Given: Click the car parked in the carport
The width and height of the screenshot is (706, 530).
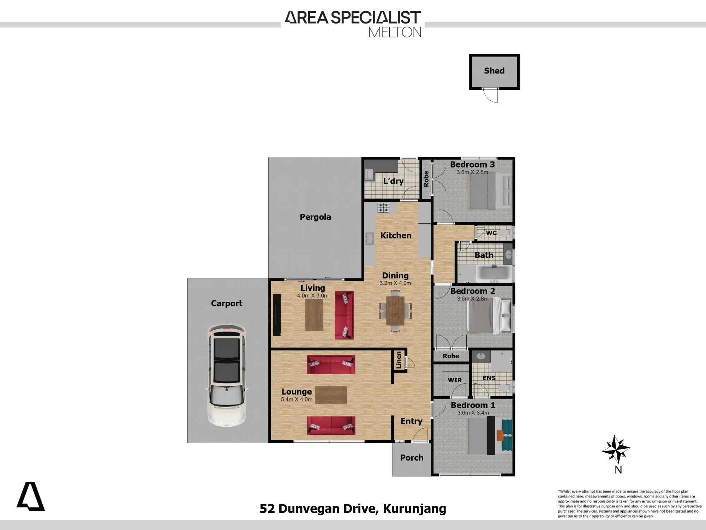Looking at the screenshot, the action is pos(227,375).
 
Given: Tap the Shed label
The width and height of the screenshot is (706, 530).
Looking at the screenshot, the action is pos(494,71).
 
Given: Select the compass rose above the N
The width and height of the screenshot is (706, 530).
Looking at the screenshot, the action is pos(616,449).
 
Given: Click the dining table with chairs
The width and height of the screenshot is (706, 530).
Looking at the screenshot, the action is pos(395,311).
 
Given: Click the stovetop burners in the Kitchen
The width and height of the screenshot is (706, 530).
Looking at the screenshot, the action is pos(383,208).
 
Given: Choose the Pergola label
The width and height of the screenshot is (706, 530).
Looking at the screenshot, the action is pos(315,217).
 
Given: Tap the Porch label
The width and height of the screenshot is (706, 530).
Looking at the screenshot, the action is pos(412,458).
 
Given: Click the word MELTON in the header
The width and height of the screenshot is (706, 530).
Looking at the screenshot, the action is pos(395,33).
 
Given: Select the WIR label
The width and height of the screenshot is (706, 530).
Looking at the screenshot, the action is pos(455,380).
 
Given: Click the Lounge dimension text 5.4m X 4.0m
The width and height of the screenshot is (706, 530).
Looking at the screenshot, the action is pos(297,399).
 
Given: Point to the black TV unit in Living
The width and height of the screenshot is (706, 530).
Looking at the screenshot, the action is pos(277,315).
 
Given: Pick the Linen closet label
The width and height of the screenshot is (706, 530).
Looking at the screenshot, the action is pos(399,360).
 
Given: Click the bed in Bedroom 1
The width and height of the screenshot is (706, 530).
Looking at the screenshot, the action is pos(490,436).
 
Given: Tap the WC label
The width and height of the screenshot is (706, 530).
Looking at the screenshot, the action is pos(491,233).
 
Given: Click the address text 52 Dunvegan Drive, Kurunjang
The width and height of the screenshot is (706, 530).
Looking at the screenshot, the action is pos(353,509).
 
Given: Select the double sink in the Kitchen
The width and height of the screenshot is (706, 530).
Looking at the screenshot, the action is pos(369,238).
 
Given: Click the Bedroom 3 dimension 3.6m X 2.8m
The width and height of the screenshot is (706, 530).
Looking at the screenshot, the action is pos(472,172).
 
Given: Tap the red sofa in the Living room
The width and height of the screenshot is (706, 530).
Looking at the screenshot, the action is pos(344,315).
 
